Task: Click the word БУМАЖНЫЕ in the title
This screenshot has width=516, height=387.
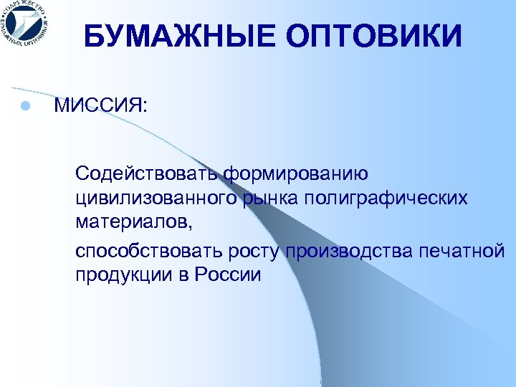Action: (173, 36)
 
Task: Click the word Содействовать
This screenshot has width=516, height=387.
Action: (148, 173)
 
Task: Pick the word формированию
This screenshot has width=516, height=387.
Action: (296, 173)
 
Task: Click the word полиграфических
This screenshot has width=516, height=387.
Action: (386, 196)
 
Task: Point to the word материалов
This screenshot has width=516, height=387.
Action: (132, 219)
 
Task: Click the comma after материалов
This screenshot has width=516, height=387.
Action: (191, 224)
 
